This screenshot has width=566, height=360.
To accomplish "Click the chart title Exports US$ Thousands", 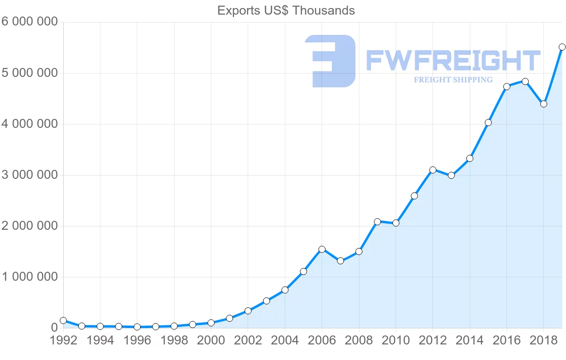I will coord(286,10).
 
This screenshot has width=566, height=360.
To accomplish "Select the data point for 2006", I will coord(322,249).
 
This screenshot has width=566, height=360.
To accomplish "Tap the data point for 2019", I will coord(562,47).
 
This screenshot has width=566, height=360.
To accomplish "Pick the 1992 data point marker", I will coord(63,320).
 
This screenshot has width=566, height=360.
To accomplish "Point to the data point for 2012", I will coord(433,170).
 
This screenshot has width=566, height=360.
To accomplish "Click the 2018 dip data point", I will coord(543,104).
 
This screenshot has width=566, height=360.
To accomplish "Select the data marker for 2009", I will coord(377,222).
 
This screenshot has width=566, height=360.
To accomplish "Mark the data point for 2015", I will coord(488,123).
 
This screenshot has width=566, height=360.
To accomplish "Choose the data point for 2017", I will coord(525,82).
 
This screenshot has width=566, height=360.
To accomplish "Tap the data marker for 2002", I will coord(248,311).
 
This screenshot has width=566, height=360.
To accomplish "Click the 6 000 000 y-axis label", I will coord(29,22).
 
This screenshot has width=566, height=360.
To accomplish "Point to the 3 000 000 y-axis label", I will coord(29,175).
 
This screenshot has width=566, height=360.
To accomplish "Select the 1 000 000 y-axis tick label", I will coord(29,277).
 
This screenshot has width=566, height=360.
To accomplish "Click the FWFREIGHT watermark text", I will coord(453,61).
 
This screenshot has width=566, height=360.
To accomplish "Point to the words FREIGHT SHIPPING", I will coord(453,80).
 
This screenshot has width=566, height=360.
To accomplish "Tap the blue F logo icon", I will coord(330,61).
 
